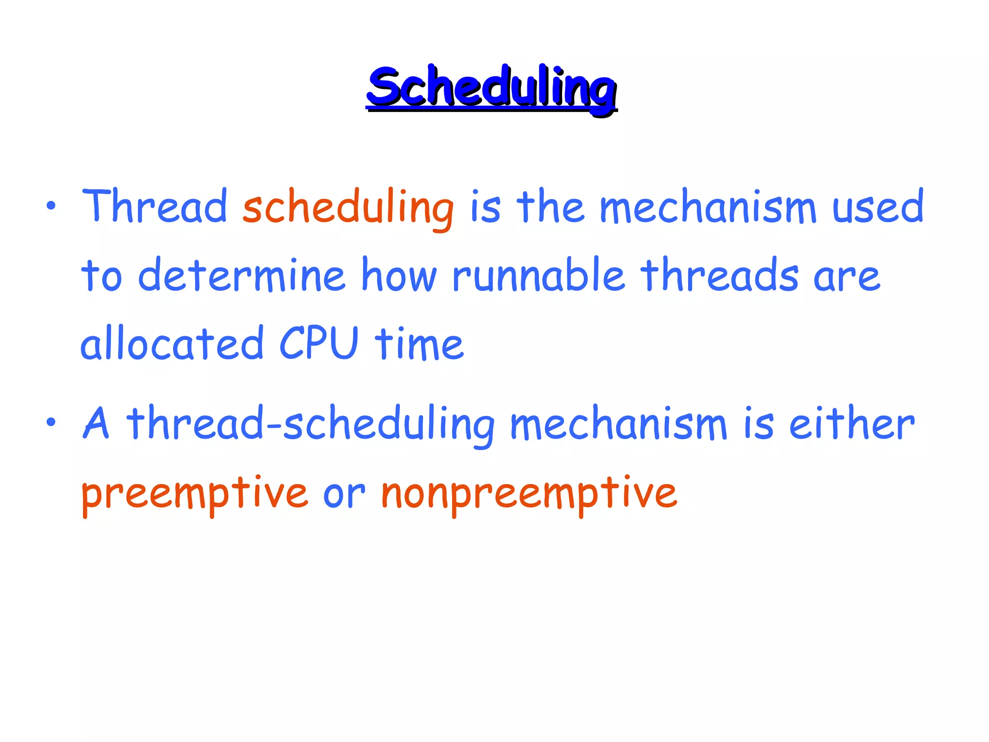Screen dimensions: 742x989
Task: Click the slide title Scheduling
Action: coord(491,88)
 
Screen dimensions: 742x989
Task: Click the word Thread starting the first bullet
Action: coord(155,207)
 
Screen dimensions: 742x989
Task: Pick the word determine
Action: coord(241,275)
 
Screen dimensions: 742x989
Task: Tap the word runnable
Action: coord(538,275)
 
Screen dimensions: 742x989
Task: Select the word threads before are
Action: coord(720,275)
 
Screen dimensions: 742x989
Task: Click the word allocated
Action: coord(172,344)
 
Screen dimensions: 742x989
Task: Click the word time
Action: coord(419,344)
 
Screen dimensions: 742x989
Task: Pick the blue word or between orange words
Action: coord(344,495)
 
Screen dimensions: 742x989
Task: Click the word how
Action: coord(399,275)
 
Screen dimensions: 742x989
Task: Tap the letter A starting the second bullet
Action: coord(96,423)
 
